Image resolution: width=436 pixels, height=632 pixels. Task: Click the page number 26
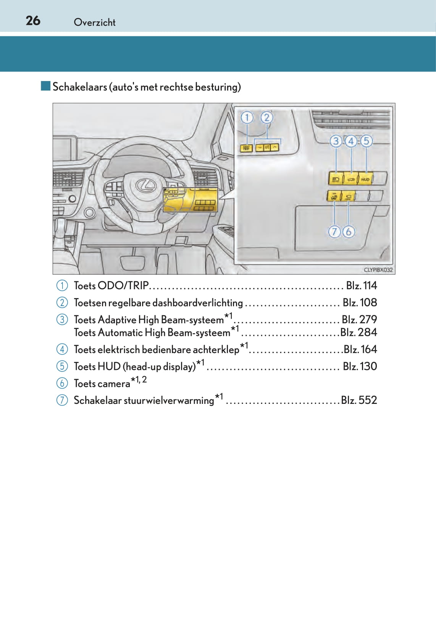click(33, 21)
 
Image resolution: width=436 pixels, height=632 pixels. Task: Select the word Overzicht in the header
click(94, 23)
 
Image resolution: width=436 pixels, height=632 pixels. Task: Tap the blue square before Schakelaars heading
click(46, 86)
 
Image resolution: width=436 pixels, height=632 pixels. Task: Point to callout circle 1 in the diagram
click(247, 117)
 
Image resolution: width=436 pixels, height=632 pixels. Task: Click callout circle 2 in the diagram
click(267, 117)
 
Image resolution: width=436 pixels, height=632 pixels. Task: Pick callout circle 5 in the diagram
click(366, 141)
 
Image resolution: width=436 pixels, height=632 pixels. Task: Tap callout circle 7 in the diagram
click(334, 232)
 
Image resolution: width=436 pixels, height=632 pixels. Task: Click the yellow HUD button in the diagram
click(365, 179)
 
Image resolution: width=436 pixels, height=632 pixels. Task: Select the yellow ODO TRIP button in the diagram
click(246, 147)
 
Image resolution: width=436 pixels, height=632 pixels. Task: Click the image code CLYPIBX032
click(378, 270)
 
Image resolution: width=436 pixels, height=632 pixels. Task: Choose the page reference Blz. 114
click(361, 285)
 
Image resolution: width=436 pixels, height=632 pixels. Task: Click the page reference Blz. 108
click(360, 303)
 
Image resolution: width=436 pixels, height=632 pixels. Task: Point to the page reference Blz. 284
click(358, 332)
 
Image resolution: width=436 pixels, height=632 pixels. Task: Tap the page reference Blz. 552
click(359, 400)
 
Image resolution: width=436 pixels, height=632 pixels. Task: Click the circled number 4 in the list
click(62, 349)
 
